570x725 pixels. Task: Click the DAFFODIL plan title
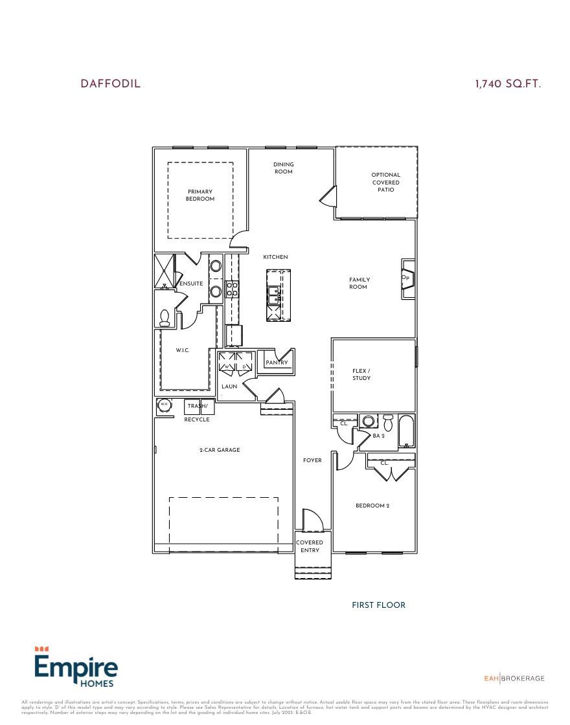pos(110,84)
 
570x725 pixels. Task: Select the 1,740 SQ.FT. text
pos(508,84)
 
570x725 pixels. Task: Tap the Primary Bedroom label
pos(200,195)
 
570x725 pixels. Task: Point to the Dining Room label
pos(283,168)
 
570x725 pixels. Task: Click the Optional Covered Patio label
pos(386,182)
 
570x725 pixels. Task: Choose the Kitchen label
pos(275,257)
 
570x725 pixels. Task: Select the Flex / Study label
pos(361,374)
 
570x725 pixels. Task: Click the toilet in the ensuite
pos(165,317)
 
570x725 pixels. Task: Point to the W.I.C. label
pos(183,350)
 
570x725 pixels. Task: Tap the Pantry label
pos(277,362)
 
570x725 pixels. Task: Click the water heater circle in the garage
pos(164,405)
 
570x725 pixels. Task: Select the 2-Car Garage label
pos(220,450)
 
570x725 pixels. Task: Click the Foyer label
pos(312,460)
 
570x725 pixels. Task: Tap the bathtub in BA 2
pos(406,432)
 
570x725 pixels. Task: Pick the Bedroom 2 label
pos(372,506)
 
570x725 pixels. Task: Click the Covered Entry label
pos(310,546)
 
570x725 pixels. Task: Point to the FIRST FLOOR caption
pos(378,605)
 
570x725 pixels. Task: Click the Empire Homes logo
pos(76,667)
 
